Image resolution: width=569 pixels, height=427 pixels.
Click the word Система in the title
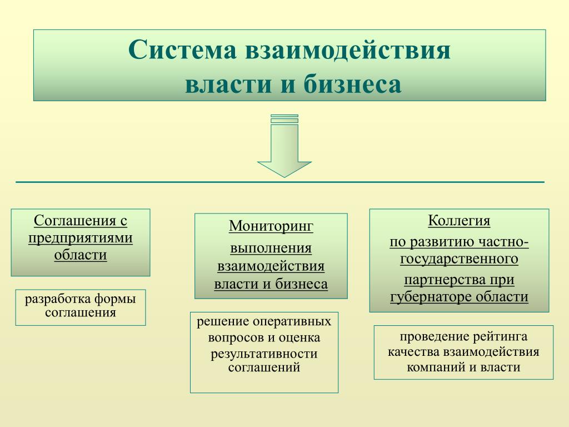tap(182, 49)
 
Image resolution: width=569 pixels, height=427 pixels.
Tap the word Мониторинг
tap(271, 226)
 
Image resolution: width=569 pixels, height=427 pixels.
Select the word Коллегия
tap(459, 220)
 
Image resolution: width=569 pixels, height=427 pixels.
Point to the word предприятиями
tap(81, 238)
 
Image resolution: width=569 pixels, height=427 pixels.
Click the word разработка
tap(58, 299)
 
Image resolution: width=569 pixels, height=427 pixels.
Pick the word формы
tap(115, 299)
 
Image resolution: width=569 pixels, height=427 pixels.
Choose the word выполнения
tap(271, 248)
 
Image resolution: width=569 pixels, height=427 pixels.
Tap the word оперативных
tap(292, 322)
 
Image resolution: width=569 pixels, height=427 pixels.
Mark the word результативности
tap(264, 354)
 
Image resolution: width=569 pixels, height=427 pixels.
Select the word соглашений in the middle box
tap(264, 368)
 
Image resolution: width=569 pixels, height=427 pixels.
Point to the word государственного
tap(459, 259)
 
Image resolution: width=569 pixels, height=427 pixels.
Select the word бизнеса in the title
tap(352, 84)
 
